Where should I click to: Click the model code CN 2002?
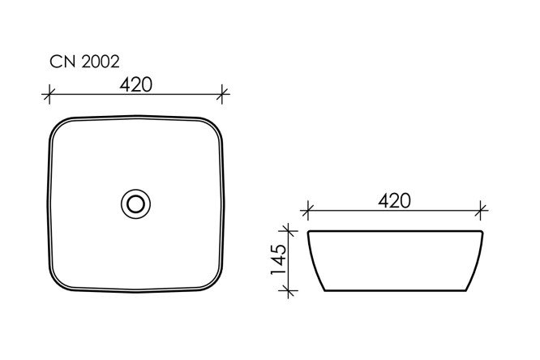pos(84,62)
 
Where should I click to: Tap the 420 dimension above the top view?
pos(135,85)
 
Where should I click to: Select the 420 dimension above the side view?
pos(394,201)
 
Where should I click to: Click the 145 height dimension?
pos(278,259)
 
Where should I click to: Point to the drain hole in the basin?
pos(135,204)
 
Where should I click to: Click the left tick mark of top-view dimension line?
pos(49,94)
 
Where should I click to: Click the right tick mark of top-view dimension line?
pos(222,94)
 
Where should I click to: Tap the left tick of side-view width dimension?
pos(307,210)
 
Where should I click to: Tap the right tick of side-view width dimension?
pos(481,210)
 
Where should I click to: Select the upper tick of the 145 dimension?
pos(288,230)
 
